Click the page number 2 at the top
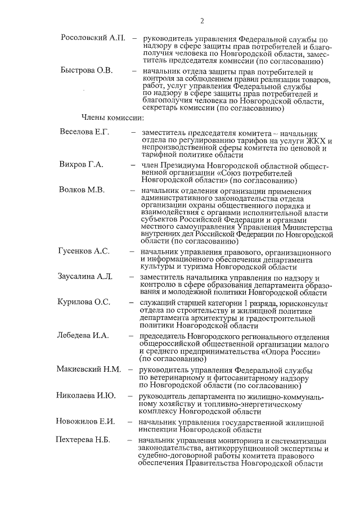[201, 21]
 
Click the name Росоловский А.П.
[93, 38]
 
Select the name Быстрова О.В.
[87, 71]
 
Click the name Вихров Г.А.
[82, 165]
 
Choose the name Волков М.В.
[82, 190]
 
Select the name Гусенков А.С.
[84, 251]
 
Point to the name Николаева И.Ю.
[86, 395]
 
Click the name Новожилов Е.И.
[86, 421]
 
